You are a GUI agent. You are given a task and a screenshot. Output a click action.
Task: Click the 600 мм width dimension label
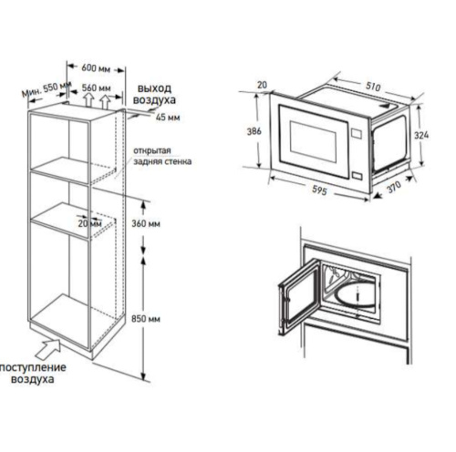tap(97, 68)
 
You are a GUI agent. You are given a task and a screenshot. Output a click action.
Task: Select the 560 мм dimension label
tap(96, 88)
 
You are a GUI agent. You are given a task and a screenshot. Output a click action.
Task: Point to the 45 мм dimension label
tap(167, 118)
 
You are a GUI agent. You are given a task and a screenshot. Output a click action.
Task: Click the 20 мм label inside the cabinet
tap(89, 221)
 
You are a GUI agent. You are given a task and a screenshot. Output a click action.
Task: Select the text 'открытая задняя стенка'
tap(161, 155)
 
